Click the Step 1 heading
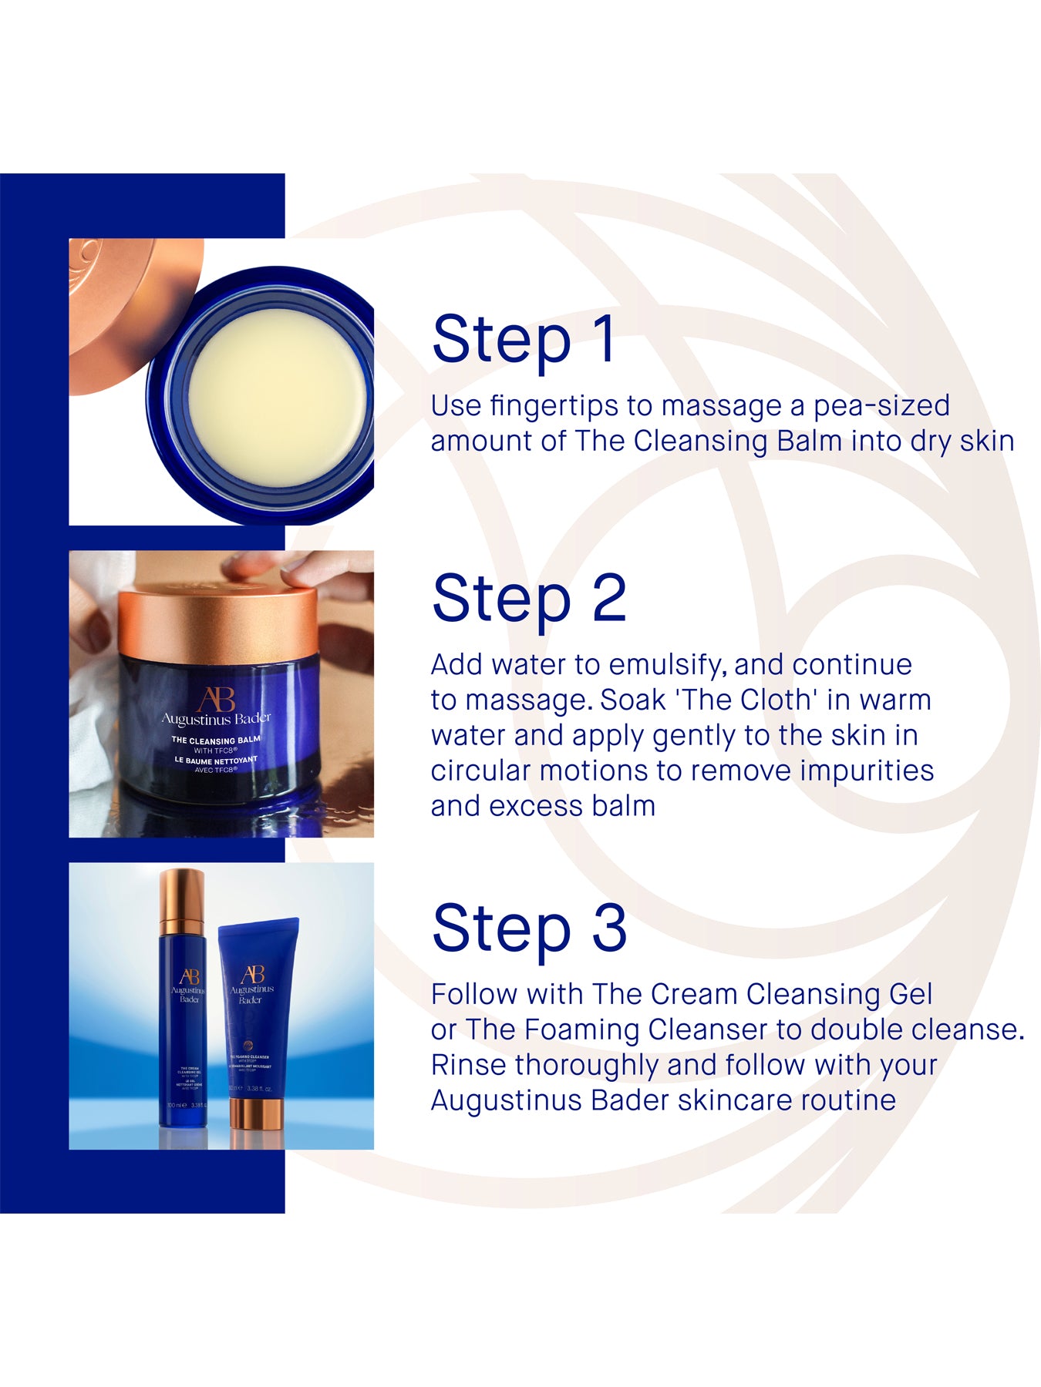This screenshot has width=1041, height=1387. (524, 339)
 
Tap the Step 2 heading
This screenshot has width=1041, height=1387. (529, 598)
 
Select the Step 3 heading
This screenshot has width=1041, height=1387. (529, 928)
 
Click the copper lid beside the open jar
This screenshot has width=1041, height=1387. (123, 308)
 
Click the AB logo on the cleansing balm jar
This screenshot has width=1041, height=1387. (216, 699)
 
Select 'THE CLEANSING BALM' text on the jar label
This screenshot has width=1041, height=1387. (216, 740)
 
